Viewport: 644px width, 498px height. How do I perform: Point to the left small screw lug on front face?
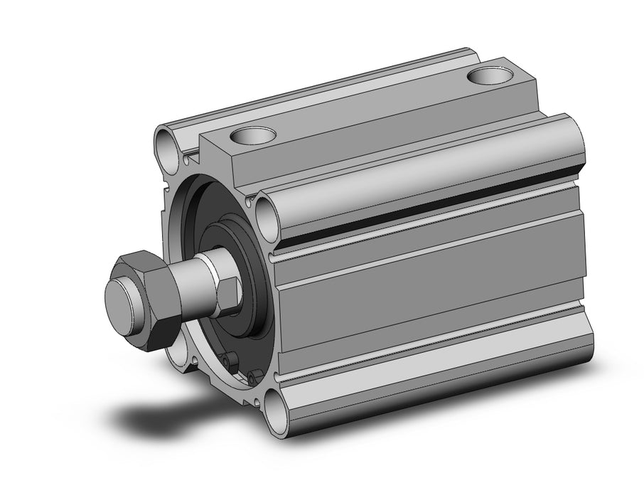(x=227, y=362)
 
